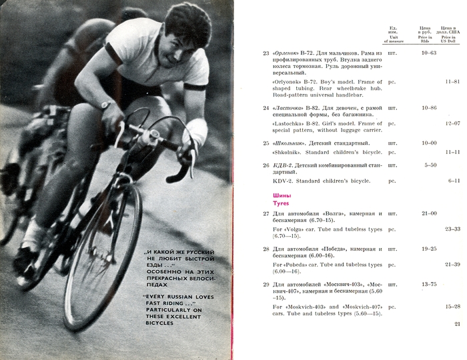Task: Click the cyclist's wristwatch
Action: [105, 105]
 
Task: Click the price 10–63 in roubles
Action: [429, 53]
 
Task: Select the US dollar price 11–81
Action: [452, 81]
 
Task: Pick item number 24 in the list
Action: [266, 107]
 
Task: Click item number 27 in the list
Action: [266, 213]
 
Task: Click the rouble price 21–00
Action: [429, 213]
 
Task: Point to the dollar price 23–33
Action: [452, 229]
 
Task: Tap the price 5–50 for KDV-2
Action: [430, 165]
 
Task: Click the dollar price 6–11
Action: [454, 181]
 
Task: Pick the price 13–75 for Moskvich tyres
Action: [429, 285]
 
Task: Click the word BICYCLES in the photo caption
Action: [158, 323]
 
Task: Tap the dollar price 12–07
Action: [452, 123]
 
